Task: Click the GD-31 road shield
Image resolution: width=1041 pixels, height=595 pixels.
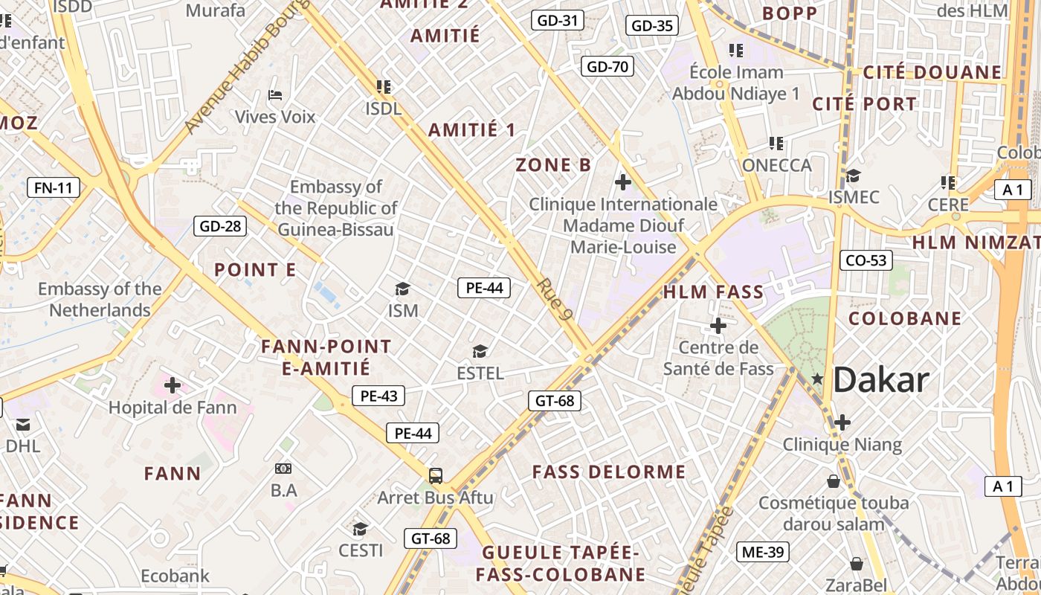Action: [x=557, y=21]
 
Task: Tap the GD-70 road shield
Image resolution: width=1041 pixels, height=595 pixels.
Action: [x=607, y=67]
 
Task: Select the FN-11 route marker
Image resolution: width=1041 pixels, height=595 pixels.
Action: [x=54, y=187]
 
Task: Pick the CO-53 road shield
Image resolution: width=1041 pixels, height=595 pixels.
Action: [x=866, y=260]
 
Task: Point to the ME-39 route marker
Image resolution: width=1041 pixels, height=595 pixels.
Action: [x=763, y=552]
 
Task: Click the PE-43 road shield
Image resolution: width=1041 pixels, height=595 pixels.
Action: [x=378, y=396]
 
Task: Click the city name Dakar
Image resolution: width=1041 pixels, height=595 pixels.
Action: [x=881, y=380]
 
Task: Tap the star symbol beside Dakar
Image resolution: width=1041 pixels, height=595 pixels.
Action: [x=817, y=379]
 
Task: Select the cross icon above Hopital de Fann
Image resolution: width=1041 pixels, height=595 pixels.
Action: [x=173, y=385]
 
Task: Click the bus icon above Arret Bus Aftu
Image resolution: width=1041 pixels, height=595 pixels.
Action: [x=436, y=476]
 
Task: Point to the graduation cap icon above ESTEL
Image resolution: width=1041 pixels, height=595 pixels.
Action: [x=480, y=351]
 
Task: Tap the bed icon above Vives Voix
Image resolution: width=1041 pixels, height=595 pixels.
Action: [x=274, y=95]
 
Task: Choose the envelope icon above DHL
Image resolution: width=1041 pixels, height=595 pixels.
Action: [x=23, y=425]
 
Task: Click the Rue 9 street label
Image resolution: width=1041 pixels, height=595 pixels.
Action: [x=555, y=300]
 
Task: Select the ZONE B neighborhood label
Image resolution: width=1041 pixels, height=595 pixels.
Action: [x=553, y=165]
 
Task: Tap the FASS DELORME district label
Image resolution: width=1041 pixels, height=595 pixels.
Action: [x=609, y=472]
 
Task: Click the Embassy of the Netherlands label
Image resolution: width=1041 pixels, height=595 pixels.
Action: [x=100, y=300]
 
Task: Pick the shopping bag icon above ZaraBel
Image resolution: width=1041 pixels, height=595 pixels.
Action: [x=857, y=563]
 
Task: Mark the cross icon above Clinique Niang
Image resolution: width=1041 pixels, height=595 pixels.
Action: [x=842, y=422]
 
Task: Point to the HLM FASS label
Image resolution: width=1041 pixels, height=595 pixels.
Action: [x=713, y=292]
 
